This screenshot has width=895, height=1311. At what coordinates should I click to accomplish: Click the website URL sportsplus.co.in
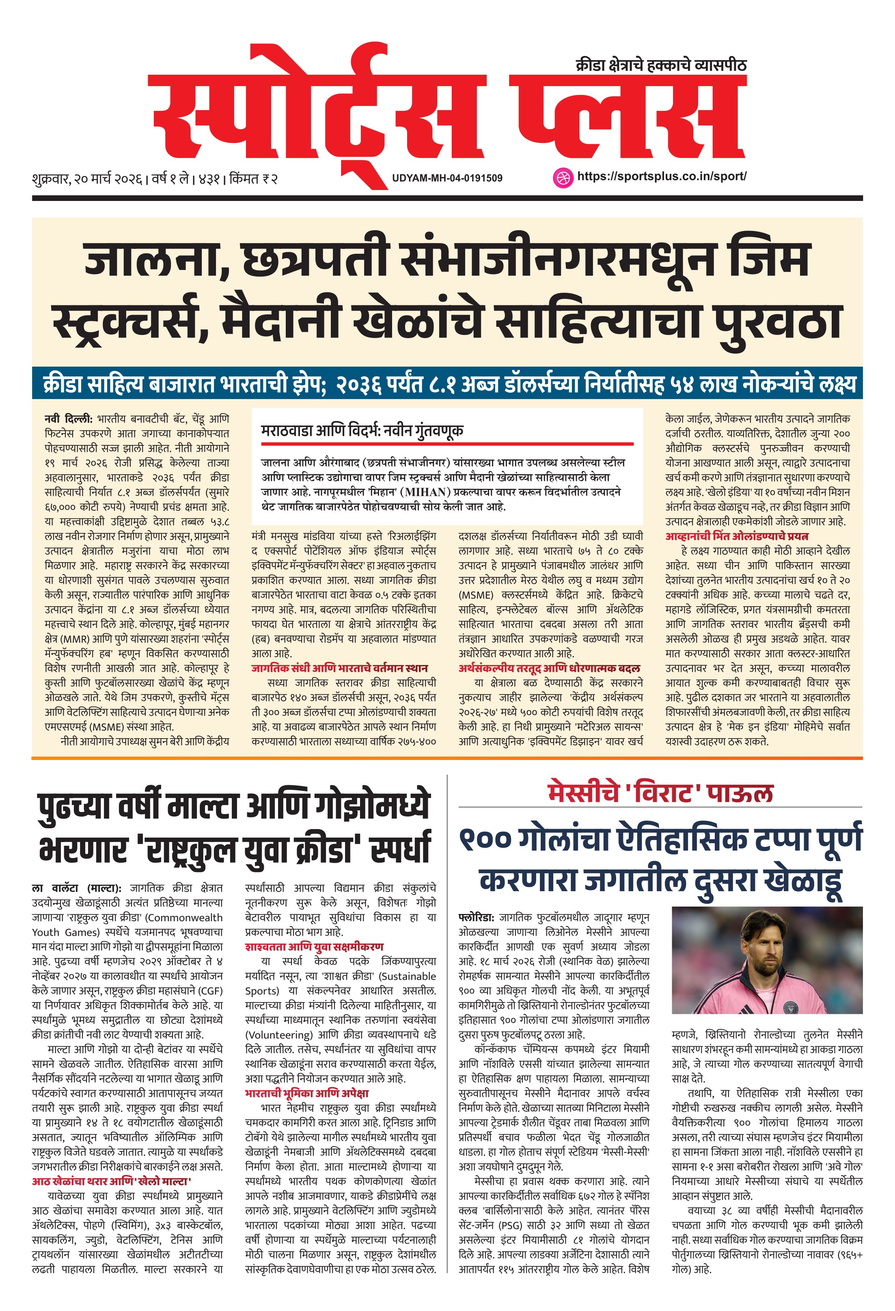pos(662,176)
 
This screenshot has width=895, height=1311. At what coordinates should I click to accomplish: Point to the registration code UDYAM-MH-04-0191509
pos(447,178)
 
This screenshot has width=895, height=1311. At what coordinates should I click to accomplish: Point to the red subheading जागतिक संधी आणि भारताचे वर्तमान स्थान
pos(339,668)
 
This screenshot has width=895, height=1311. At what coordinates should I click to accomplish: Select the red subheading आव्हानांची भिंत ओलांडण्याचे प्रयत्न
pos(737,536)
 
